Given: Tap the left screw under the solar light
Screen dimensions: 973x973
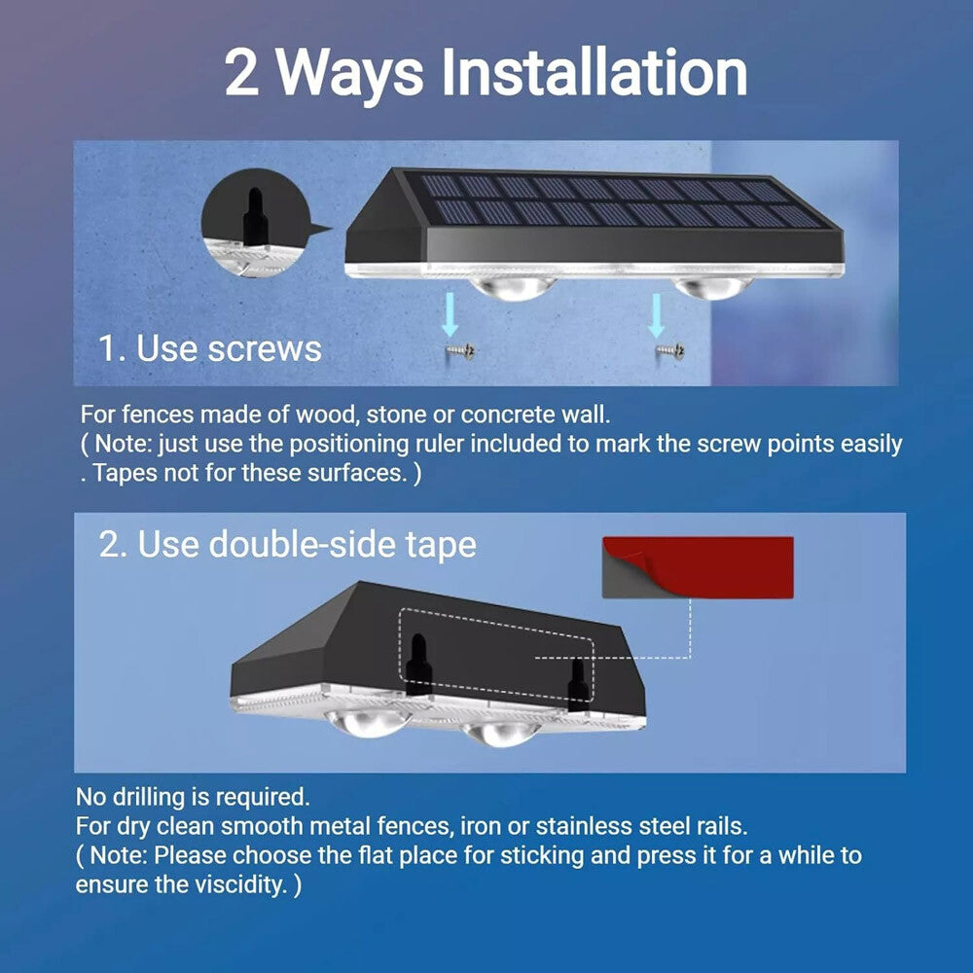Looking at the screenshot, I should click(x=453, y=348).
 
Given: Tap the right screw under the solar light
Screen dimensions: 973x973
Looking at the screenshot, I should click(x=669, y=348).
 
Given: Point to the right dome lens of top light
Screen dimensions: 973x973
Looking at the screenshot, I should click(x=707, y=286).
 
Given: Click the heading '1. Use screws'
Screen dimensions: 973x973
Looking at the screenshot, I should click(x=210, y=348).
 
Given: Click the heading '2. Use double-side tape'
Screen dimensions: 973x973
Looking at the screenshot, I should click(x=288, y=545).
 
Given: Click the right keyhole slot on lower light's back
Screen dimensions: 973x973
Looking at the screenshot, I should click(x=577, y=684).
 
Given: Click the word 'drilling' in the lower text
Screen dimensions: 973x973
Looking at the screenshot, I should click(x=153, y=798).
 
